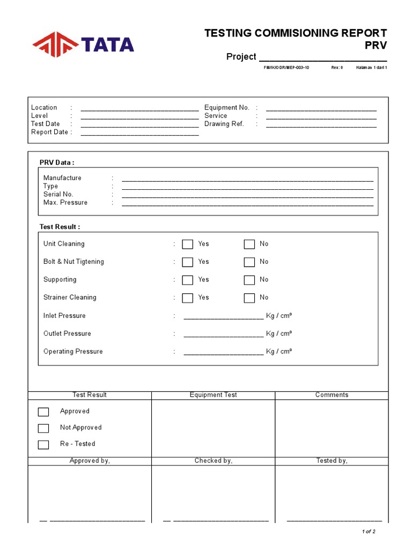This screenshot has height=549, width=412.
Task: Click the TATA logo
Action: pyautogui.click(x=83, y=44)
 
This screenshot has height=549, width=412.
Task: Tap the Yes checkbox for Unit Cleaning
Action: pyautogui.click(x=187, y=244)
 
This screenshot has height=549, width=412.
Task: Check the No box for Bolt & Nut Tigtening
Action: pyautogui.click(x=249, y=262)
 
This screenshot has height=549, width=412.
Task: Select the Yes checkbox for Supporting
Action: pyautogui.click(x=187, y=280)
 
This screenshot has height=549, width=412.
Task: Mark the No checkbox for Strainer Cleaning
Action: pyautogui.click(x=249, y=298)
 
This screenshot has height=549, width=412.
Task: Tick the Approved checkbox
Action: pyautogui.click(x=43, y=412)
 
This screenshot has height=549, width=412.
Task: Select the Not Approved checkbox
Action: pyautogui.click(x=43, y=428)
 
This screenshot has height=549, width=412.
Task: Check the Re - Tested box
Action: pyautogui.click(x=43, y=444)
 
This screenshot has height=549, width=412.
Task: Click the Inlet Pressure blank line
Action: pyautogui.click(x=224, y=317)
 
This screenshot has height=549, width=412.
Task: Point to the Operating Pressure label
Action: pyautogui.click(x=73, y=352)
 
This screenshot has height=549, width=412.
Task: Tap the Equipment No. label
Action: pyautogui.click(x=226, y=108)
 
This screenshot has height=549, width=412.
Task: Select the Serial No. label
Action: pyautogui.click(x=58, y=194)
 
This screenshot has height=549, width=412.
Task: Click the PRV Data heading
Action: pyautogui.click(x=57, y=163)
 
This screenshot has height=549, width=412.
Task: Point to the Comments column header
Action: pyautogui.click(x=332, y=395)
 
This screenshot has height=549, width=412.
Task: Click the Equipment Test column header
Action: pyautogui.click(x=213, y=395)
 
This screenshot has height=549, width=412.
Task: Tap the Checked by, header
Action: pyautogui.click(x=213, y=461)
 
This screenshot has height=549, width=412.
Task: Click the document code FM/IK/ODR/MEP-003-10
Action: pyautogui.click(x=286, y=68)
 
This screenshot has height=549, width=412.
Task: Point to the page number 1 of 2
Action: pyautogui.click(x=369, y=532)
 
